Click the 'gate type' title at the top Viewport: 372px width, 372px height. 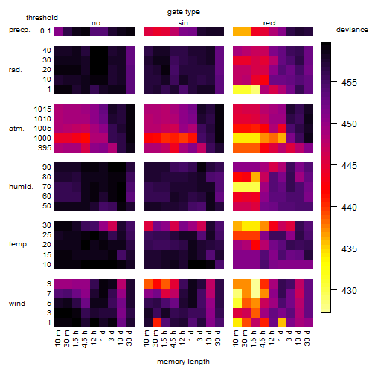pos(184,12)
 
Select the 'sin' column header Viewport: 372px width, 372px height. pos(183,23)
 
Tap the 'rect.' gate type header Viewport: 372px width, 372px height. pos(270,23)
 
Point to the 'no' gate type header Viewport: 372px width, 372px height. pos(96,23)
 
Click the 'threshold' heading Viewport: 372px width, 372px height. pos(42,18)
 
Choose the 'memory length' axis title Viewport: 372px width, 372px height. pos(183,362)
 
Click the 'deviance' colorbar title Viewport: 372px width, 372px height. pos(352,30)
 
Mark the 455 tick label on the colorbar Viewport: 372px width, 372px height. pos(349,83)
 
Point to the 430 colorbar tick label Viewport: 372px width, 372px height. pos(349,290)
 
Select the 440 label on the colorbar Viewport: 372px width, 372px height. pos(349,207)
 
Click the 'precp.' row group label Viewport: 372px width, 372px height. pos(19,31)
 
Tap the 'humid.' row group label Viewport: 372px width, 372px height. pos(21,187)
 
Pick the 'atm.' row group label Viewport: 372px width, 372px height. pos(16,129)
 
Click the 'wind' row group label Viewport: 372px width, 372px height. pos(17,304)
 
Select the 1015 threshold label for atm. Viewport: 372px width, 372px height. pos(42,109)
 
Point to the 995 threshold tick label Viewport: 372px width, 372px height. pos(45,148)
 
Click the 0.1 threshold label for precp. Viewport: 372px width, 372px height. pos(45,31)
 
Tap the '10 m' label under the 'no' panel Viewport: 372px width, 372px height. pos(58,338)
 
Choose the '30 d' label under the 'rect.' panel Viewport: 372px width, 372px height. pos(307,338)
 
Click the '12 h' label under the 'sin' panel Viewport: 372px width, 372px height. pos(182,338)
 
